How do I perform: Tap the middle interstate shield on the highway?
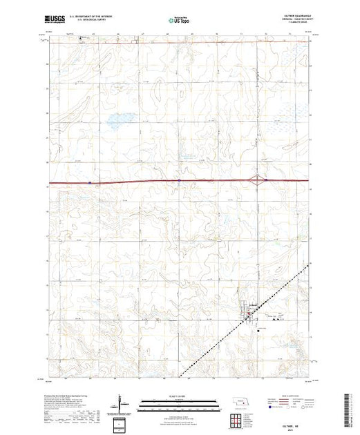coord(178,181)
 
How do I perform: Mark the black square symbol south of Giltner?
coord(257,329)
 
